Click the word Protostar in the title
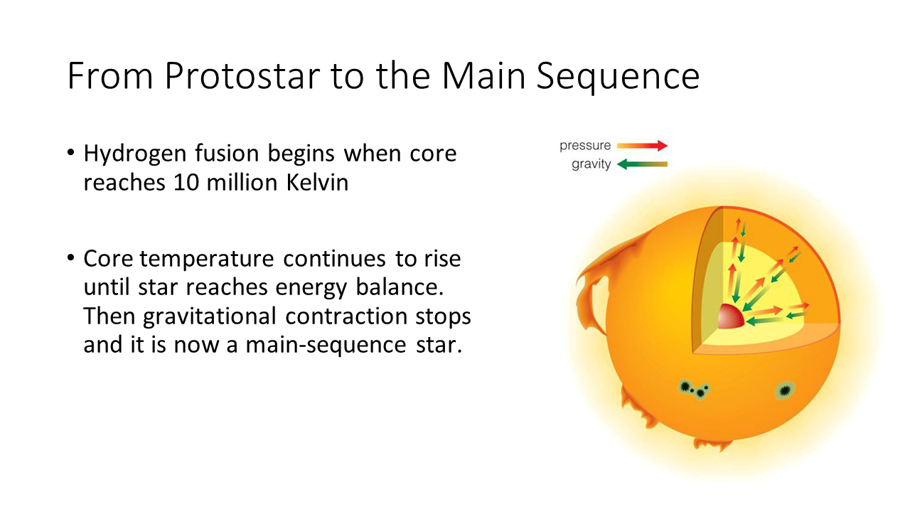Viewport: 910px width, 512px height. click(242, 75)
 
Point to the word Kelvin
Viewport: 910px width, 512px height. click(317, 181)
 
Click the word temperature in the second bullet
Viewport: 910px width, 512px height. click(207, 260)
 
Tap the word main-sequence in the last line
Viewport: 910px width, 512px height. click(326, 346)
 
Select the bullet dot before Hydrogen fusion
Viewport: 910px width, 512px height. click(71, 153)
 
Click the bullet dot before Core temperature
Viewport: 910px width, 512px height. click(71, 258)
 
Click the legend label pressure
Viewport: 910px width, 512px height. click(585, 146)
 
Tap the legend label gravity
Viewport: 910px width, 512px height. click(591, 164)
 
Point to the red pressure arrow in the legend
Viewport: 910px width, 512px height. click(642, 145)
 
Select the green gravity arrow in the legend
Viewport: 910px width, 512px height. click(642, 164)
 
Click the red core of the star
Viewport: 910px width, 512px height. click(730, 317)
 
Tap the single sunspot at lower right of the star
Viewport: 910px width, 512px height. click(785, 390)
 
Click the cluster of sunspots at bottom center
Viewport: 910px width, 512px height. click(694, 390)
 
